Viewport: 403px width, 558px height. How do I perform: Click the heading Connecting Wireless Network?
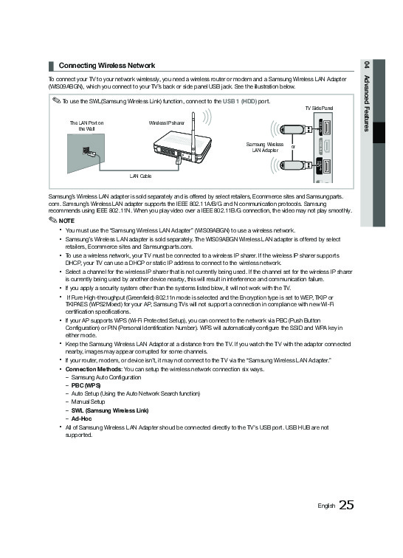[x=107, y=66]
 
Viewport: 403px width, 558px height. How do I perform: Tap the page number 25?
[x=346, y=505]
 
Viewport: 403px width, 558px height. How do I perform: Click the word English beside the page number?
[x=326, y=506]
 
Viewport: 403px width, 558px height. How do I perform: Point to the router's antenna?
[x=193, y=132]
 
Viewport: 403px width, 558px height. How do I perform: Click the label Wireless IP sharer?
[x=167, y=123]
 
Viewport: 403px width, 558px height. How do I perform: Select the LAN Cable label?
[x=141, y=176]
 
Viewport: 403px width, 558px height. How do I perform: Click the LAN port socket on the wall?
[x=86, y=151]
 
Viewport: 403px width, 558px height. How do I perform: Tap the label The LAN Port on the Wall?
[x=86, y=126]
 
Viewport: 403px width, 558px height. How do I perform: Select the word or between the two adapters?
[x=293, y=147]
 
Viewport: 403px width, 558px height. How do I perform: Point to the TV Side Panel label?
[x=319, y=108]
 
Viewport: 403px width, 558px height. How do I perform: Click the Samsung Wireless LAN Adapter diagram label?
[x=265, y=148]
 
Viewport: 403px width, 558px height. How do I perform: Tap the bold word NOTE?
[x=66, y=221]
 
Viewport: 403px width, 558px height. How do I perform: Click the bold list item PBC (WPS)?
[x=86, y=385]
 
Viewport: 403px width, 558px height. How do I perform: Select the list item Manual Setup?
[x=88, y=402]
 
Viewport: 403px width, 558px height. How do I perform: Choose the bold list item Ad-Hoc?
[x=81, y=418]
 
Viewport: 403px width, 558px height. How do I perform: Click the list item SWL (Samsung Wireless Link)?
[x=110, y=410]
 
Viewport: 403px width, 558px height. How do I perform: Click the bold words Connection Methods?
[x=94, y=369]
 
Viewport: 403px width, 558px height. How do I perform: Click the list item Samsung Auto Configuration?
[x=106, y=378]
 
